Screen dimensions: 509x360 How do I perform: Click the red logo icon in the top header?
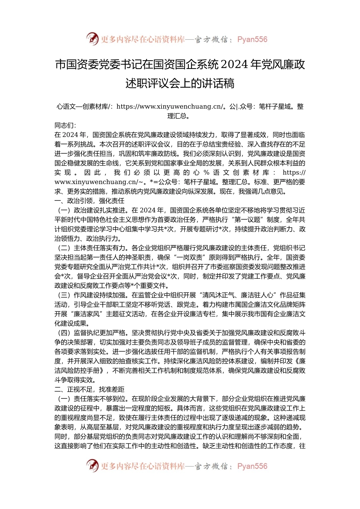coord(92,39)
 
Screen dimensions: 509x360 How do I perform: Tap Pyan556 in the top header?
coord(252,39)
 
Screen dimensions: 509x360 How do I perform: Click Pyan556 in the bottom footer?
coord(252,466)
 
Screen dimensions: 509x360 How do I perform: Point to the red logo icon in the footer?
coord(92,466)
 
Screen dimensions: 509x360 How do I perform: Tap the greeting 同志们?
coord(64,125)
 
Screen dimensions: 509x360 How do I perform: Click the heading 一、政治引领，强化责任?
coord(89,201)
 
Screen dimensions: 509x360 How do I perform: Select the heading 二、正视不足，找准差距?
coord(89,389)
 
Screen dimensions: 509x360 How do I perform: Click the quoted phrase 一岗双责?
coord(180,258)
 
